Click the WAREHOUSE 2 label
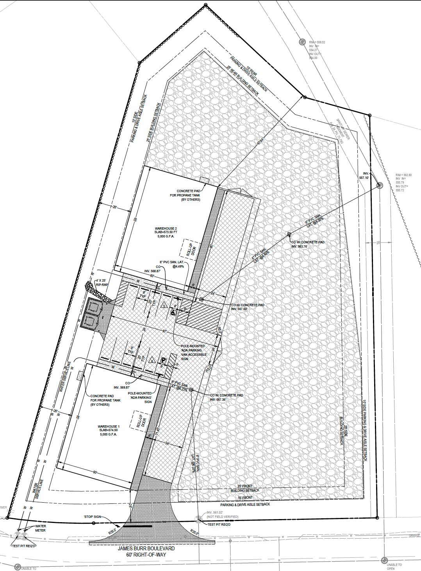click(166, 228)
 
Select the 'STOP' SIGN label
click(92, 516)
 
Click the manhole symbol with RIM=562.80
click(379, 186)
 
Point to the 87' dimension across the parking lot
click(165, 332)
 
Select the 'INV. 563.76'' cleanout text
click(302, 246)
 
